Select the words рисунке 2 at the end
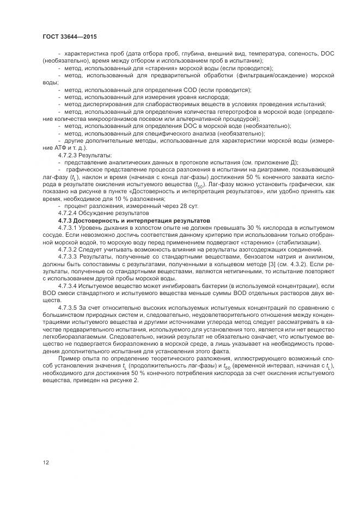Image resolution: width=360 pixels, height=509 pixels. click(124, 379)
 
